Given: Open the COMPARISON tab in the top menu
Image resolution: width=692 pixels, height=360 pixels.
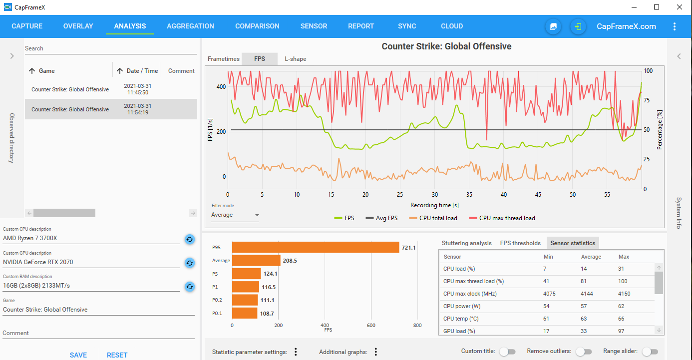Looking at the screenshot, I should point(257,26).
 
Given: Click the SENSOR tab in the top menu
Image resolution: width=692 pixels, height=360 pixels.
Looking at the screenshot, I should point(314,26).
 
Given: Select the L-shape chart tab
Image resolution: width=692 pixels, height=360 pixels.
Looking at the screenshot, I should point(296,59).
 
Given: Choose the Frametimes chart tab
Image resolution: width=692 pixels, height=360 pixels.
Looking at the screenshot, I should point(224,59).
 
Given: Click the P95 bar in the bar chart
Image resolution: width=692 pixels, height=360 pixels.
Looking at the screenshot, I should point(316,247).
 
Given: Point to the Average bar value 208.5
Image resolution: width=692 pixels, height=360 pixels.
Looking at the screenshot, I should point(289,261).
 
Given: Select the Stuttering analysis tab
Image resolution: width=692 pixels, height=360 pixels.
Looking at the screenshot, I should point(466,243).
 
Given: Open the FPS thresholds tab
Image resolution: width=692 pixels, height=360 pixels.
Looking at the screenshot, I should point(520,243).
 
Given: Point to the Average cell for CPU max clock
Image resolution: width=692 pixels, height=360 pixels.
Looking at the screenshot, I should point(587,294).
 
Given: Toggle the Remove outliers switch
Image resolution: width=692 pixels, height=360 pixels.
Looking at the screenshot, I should point(584,352).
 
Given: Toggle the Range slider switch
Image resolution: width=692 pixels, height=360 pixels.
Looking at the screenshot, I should point(650,352).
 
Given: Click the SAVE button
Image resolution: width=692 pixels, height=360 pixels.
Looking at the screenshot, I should point(78,355).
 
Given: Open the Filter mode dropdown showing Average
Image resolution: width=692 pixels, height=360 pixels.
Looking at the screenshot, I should point(235,215).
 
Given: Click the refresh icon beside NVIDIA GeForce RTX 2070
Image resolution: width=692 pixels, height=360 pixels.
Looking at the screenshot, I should point(190,263).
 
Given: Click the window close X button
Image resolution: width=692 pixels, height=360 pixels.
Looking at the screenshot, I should point(680,7).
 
